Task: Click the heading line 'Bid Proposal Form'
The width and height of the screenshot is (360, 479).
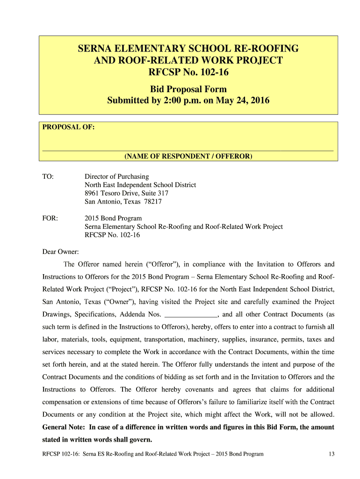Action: [x=188, y=89]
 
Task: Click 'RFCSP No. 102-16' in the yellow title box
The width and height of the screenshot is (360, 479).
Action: [x=188, y=73]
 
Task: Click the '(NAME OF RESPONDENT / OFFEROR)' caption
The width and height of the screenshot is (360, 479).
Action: [x=188, y=156]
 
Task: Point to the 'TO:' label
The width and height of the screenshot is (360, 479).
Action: [x=48, y=176]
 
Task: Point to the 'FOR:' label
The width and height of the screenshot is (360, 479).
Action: [x=50, y=218]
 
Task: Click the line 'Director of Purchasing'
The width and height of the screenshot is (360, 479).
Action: [x=116, y=176]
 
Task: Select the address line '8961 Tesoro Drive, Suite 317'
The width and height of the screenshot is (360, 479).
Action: [x=126, y=193]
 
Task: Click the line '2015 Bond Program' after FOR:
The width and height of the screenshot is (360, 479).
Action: [x=113, y=218]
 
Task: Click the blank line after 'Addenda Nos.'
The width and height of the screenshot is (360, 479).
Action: [x=192, y=314]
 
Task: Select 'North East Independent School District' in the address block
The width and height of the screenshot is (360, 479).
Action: [x=140, y=185]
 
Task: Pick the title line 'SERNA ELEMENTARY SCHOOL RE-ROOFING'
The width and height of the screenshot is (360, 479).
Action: [x=188, y=49]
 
